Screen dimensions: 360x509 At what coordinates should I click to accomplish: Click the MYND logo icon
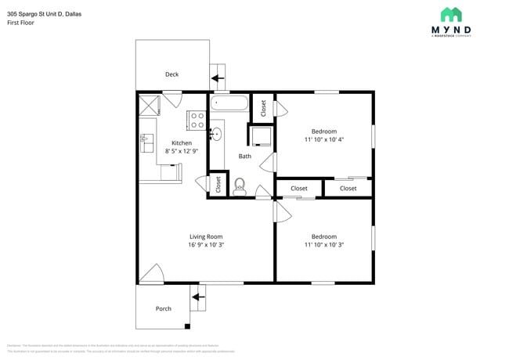pos(451,14)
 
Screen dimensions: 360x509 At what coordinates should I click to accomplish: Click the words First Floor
pos(21,23)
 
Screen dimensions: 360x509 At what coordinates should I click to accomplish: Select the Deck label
pos(171,74)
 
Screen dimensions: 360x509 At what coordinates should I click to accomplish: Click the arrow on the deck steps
pos(217,78)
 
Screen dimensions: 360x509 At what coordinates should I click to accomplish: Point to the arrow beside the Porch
pos(197,297)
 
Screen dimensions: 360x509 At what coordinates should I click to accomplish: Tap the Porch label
pos(163,308)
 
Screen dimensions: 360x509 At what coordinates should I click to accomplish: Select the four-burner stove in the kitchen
pos(197,120)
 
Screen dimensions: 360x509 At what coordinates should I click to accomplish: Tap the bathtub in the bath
pos(229,103)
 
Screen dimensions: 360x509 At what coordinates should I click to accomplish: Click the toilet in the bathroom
pos(240,186)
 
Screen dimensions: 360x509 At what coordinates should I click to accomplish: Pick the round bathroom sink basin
pos(217,135)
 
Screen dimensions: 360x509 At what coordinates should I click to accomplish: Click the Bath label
pos(245,157)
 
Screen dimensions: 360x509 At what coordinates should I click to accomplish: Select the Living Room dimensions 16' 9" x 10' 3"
pos(206,245)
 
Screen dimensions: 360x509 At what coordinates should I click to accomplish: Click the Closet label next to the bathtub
pos(263,108)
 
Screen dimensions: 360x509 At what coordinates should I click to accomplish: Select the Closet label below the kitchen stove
pos(218,185)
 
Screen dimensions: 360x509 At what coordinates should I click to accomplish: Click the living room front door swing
pos(153,274)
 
